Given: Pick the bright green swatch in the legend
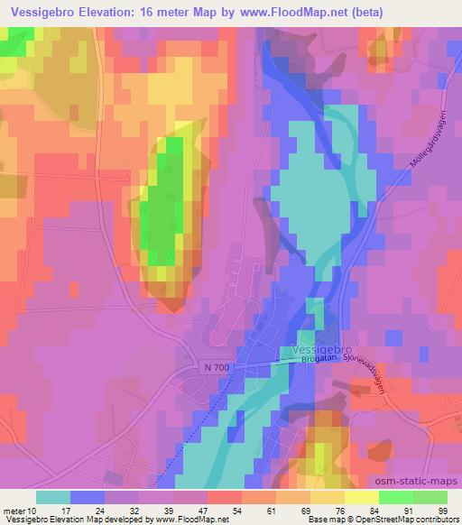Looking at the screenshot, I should click(395, 497).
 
